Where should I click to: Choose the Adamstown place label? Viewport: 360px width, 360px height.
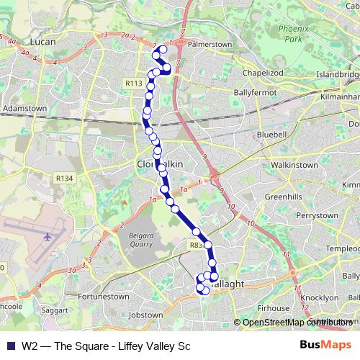(25, 109)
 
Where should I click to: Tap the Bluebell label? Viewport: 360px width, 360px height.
(271, 135)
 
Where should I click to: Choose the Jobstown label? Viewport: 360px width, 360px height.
(145, 315)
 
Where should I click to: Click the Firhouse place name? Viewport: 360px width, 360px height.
(273, 307)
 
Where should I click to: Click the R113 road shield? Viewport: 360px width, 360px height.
(133, 84)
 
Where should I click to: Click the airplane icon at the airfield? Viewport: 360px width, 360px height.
(48, 237)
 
